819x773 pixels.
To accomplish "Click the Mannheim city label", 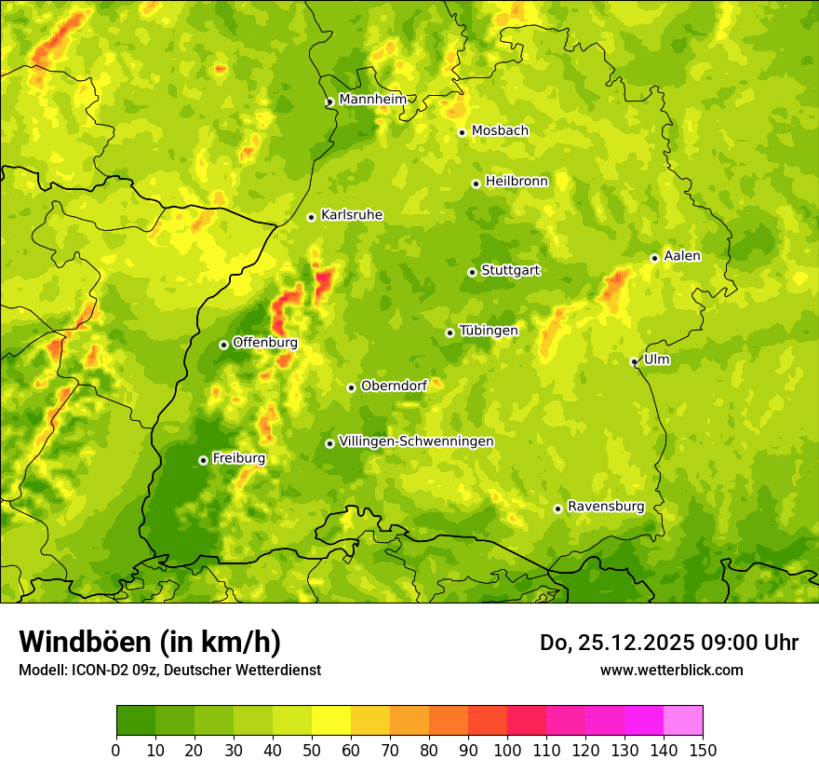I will (x=372, y=99).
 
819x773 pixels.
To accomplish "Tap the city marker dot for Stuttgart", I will (x=472, y=272).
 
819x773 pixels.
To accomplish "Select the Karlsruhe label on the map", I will (x=351, y=214).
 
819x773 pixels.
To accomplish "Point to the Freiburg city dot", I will (x=203, y=460).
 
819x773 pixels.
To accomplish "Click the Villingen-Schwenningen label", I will (x=416, y=441).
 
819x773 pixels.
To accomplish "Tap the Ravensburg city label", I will (x=605, y=506).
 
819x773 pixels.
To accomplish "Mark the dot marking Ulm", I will (x=634, y=362).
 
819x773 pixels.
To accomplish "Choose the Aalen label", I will (x=682, y=255).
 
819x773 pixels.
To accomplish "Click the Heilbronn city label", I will (x=517, y=181).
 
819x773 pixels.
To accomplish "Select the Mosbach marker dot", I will (x=462, y=132).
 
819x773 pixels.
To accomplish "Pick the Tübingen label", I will (x=488, y=330).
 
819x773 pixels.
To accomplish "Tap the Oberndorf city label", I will (x=394, y=385).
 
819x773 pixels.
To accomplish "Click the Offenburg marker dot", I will (x=223, y=345).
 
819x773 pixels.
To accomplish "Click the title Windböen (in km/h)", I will (x=149, y=643).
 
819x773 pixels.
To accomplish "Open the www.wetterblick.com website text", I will (x=671, y=670).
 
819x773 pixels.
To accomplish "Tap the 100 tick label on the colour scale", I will (x=507, y=750).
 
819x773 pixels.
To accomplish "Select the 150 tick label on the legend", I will (x=703, y=750).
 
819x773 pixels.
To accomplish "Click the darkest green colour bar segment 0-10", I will (x=136, y=721).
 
